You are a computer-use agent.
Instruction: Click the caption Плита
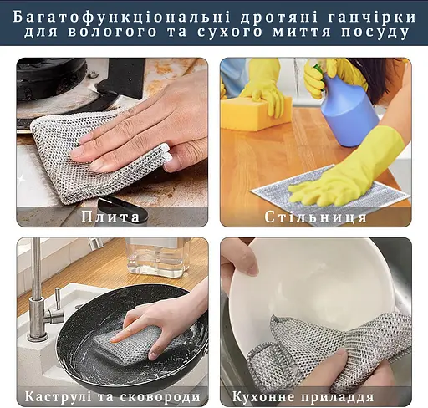pos(111,217)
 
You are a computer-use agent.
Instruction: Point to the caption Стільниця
pos(315,217)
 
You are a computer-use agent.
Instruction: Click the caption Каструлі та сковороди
pos(112,396)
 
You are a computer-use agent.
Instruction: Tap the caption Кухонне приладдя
pos(315,396)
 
